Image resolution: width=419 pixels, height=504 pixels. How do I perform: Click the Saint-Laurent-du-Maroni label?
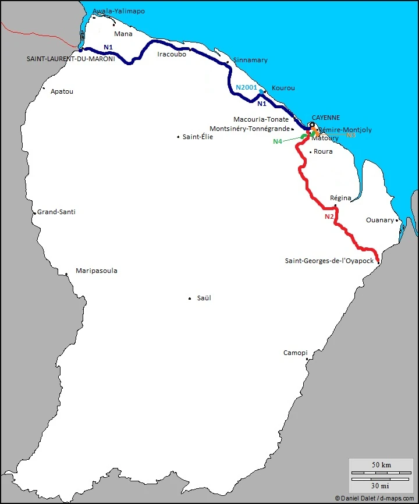[x=70, y=59]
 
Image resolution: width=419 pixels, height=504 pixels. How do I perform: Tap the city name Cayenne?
[x=325, y=118]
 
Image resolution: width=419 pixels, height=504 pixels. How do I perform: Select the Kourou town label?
[x=283, y=88]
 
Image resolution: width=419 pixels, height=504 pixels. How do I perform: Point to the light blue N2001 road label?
[x=246, y=87]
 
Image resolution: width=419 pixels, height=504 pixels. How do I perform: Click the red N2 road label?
[x=329, y=216]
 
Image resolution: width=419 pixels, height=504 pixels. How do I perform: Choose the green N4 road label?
[x=278, y=141]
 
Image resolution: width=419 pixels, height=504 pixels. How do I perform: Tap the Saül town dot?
[x=190, y=299]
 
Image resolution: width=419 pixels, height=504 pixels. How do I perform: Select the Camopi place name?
[x=295, y=353]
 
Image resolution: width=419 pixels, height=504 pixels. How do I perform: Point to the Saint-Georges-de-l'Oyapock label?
[x=329, y=261]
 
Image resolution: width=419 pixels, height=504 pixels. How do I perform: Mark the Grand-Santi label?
[x=56, y=212]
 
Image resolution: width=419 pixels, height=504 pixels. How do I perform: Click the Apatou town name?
[x=62, y=91]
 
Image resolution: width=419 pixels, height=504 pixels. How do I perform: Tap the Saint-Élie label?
[x=198, y=137]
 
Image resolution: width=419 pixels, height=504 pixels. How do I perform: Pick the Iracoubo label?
[x=172, y=54]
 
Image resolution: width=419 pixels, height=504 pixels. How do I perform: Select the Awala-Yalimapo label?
[x=119, y=11]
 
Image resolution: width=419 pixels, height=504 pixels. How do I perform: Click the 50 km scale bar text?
[x=381, y=465]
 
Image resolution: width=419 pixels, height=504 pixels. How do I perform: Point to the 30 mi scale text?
[x=381, y=485]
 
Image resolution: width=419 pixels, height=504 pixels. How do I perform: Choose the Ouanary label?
[x=380, y=220]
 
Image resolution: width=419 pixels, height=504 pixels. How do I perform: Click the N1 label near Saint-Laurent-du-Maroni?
[x=108, y=47]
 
